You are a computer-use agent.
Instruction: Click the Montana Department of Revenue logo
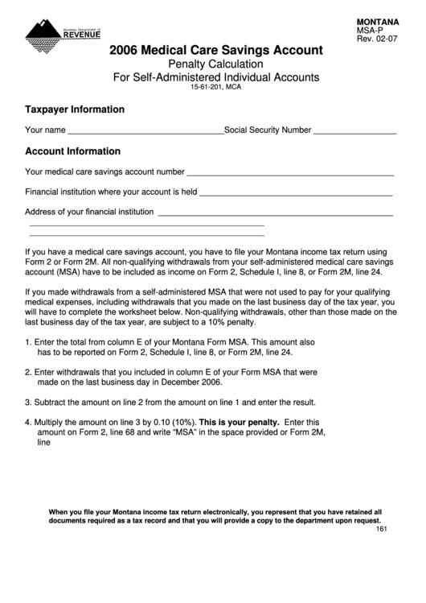point(63,32)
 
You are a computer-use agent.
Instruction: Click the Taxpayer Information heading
point(75,109)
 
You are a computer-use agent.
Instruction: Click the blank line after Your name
point(145,130)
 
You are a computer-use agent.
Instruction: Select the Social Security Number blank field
point(354,130)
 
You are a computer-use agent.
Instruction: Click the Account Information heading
point(72,151)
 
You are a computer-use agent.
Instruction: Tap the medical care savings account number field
point(290,171)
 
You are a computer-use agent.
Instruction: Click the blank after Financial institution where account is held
point(296,192)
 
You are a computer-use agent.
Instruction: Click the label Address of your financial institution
point(89,213)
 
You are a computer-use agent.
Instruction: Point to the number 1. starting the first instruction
point(29,342)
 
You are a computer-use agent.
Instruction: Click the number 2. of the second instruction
point(29,373)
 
